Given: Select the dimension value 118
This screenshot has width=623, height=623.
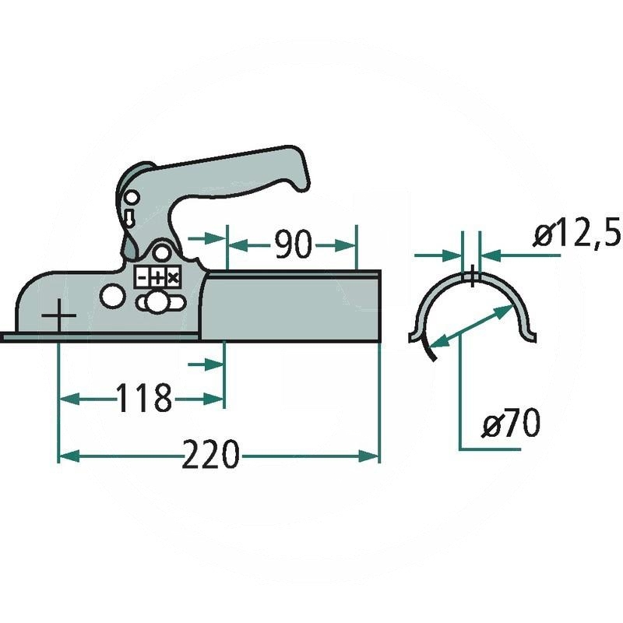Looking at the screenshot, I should [x=143, y=399].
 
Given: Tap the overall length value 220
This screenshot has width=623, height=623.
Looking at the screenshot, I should [x=210, y=455].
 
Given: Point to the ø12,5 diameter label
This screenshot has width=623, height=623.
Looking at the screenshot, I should [x=577, y=234].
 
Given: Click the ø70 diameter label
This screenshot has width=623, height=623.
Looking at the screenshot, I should [x=510, y=425].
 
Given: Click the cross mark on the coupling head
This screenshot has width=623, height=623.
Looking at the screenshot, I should [x=59, y=318].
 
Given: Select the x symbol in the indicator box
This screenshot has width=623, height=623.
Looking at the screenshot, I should [x=172, y=278].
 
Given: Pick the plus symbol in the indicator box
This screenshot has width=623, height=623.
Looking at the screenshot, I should [x=157, y=278].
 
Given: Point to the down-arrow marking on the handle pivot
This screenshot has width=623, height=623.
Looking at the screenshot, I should [x=128, y=214].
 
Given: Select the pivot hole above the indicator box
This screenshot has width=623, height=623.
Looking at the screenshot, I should [x=161, y=253].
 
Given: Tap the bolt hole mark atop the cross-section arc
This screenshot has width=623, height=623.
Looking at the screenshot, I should [x=471, y=276].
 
